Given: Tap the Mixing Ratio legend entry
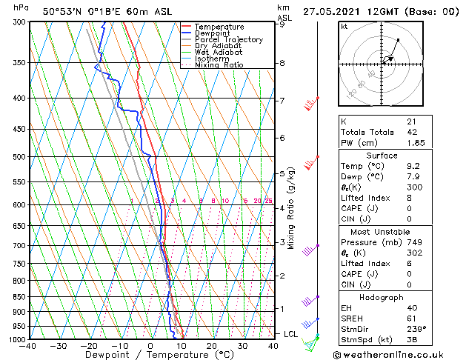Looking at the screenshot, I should point(219,65).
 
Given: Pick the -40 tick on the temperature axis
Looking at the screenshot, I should point(29,346).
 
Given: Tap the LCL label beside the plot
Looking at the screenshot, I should point(291,334).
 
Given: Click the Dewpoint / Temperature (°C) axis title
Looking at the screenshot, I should point(151,356).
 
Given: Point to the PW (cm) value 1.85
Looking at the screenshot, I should point(412,143).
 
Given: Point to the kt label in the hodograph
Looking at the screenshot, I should point(344,26).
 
